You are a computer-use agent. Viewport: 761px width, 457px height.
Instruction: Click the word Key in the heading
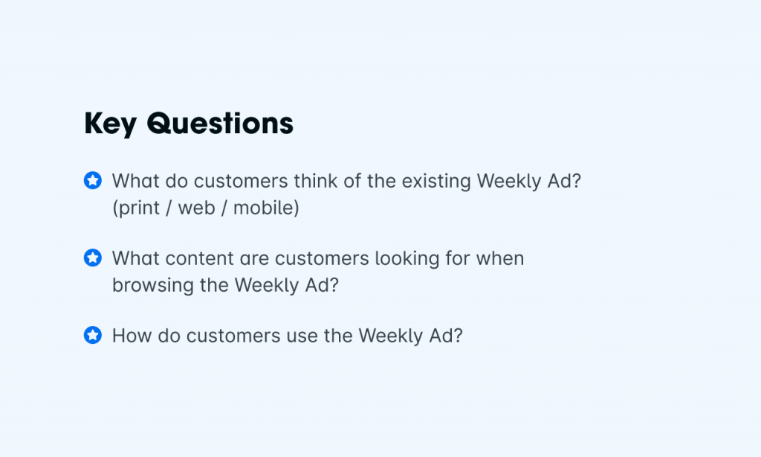tap(110, 124)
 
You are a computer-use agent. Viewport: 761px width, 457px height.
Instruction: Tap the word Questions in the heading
tap(220, 123)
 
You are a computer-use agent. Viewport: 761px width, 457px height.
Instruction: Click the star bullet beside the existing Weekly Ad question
tap(93, 180)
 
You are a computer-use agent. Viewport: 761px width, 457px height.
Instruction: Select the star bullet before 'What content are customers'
tap(93, 258)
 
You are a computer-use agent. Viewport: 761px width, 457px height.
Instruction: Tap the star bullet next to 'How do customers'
tap(93, 335)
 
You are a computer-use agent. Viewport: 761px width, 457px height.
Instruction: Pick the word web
tap(196, 208)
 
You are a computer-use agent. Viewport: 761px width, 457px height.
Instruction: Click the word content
tap(200, 258)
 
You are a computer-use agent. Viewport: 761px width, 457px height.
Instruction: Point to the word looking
tap(407, 259)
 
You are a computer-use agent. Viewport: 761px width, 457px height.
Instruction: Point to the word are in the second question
tap(255, 259)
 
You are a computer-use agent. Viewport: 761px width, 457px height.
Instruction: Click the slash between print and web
tap(169, 208)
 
